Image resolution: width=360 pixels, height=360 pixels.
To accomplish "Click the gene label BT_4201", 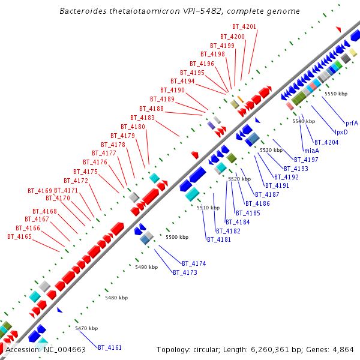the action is (x=245, y=26).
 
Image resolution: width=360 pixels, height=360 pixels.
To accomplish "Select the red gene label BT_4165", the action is (x=19, y=236).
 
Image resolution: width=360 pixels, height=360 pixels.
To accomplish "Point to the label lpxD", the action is (x=341, y=132).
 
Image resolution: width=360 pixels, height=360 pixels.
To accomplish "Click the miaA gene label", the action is (x=311, y=151).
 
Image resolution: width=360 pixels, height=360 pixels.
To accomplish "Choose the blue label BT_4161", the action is (x=110, y=347).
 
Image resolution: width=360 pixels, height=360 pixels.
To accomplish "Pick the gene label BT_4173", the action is (x=185, y=272).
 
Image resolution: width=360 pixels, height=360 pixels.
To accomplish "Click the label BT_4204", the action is (x=326, y=142).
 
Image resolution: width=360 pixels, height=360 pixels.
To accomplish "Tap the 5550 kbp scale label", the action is (x=335, y=94).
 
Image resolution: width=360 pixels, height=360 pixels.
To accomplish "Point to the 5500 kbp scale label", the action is (x=176, y=237).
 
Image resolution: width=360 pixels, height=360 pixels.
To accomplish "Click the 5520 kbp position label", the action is (x=238, y=179).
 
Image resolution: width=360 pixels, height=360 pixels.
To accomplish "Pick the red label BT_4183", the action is (x=143, y=118).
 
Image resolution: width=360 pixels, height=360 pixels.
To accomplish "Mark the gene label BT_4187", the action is (x=267, y=194).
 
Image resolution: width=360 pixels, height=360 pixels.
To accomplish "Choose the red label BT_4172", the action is (x=76, y=181).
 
